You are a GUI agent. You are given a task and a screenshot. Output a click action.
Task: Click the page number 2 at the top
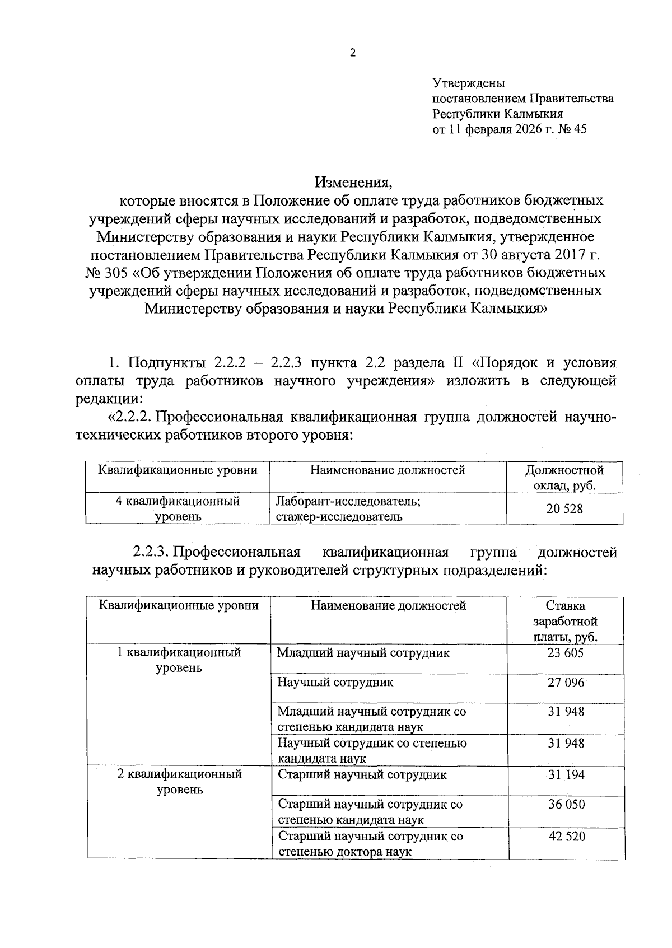352,54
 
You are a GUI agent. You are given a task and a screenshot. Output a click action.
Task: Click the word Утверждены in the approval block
469,83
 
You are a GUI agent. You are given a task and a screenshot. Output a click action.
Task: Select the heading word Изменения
352,182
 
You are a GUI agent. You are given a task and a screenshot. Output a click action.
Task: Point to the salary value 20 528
564,508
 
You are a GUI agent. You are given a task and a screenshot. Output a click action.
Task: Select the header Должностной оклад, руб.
564,478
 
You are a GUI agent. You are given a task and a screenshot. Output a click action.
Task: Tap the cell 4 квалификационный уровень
178,508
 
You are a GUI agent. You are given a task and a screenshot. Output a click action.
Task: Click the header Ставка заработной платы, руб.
565,621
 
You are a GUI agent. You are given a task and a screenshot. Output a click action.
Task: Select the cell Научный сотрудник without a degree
335,683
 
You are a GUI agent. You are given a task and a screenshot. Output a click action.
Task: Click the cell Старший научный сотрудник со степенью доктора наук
371,844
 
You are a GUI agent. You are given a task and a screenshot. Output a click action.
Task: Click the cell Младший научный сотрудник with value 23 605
363,653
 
